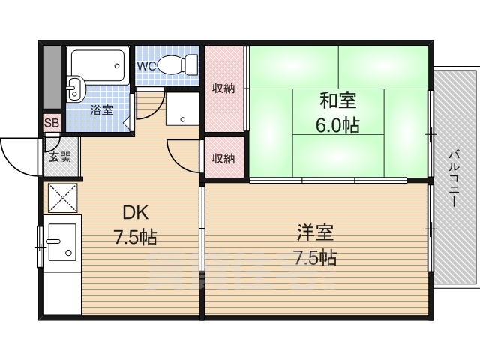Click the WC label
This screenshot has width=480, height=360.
tap(147, 66)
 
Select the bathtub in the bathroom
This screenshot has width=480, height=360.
tap(98, 66)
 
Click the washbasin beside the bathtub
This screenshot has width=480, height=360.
tap(75, 88)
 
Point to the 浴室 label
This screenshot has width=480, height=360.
tap(102, 109)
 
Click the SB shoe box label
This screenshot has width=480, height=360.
tap(52, 123)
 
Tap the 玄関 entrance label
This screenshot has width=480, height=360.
tap(60, 157)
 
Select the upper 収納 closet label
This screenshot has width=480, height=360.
tap(223, 88)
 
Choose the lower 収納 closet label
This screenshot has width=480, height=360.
tap(223, 158)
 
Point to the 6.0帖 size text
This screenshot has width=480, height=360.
tap(337, 125)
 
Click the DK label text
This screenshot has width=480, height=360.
tap(135, 212)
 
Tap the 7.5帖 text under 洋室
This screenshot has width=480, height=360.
tap(315, 257)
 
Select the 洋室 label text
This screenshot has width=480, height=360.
tap(316, 232)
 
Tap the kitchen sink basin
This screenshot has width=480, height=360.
tap(62, 242)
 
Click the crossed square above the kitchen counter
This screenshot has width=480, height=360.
tap(63, 198)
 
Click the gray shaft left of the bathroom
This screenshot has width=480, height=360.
tap(52, 76)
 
